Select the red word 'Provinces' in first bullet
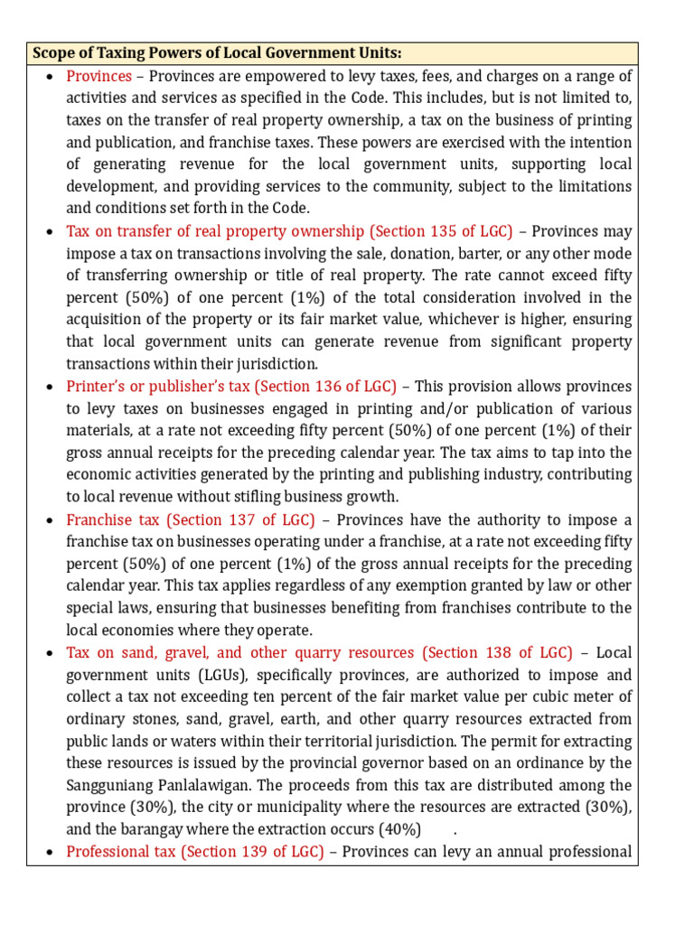[x=98, y=76]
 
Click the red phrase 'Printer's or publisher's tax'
[x=158, y=387]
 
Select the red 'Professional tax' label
[x=122, y=852]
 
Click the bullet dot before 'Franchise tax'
[x=47, y=520]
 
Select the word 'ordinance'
[x=549, y=763]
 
